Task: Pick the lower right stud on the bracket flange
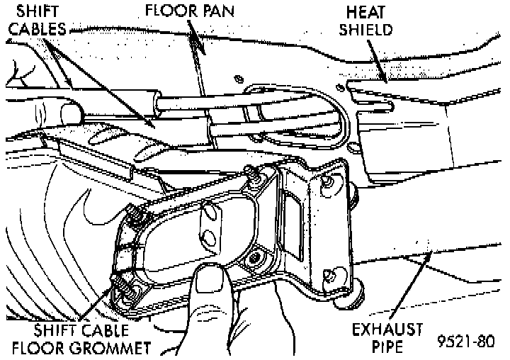click(x=327, y=274)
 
